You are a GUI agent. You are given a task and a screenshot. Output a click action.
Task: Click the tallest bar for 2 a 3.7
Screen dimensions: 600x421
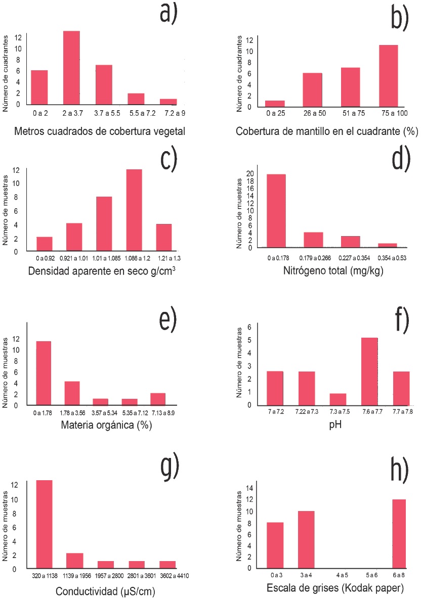tap(71, 68)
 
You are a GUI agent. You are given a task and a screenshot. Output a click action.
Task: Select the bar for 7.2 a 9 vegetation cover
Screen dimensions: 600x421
tap(169, 102)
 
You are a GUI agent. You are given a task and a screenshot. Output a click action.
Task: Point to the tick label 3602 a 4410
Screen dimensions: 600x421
tap(167, 576)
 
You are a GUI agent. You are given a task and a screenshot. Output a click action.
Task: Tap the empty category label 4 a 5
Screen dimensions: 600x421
tap(342, 575)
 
